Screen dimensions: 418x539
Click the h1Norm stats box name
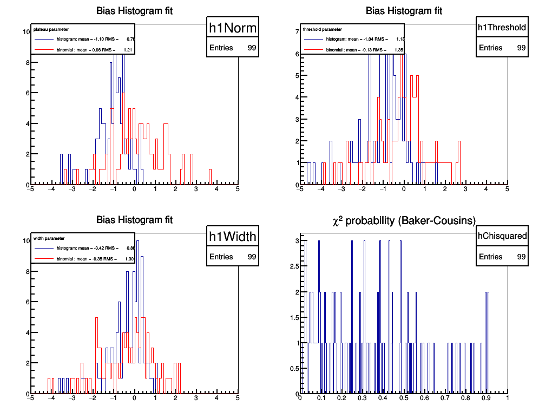click(233, 28)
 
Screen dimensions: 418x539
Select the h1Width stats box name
click(233, 237)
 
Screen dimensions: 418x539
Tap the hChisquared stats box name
click(502, 236)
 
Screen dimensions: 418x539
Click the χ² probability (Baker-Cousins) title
click(404, 220)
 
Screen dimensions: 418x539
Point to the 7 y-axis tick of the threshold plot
click(296, 32)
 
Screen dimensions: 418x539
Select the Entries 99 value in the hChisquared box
click(521, 257)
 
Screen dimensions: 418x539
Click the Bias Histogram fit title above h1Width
click(134, 220)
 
